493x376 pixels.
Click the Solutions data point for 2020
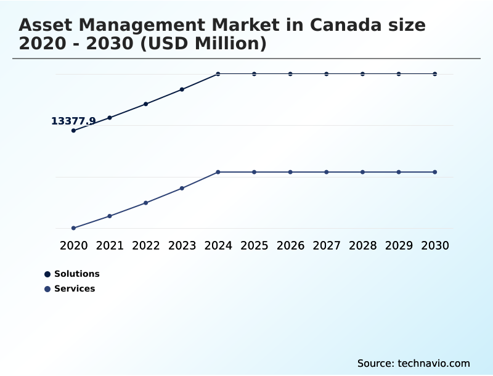(73, 131)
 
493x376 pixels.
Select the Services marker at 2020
(73, 228)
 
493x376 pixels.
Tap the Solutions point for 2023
(182, 89)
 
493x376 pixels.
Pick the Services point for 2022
(146, 203)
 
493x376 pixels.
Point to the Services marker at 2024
(218, 172)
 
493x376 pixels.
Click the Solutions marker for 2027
(327, 74)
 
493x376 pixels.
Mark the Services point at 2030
(434, 172)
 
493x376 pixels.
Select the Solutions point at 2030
(434, 74)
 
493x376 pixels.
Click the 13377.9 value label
(73, 121)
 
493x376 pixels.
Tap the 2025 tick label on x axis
(254, 246)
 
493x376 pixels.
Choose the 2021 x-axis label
(110, 246)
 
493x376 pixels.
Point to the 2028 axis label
(362, 246)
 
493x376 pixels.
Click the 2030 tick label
(434, 246)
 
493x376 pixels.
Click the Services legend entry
(75, 289)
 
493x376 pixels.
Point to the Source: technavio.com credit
(414, 364)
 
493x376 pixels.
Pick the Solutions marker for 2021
(110, 118)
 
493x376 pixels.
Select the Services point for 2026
(290, 172)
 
